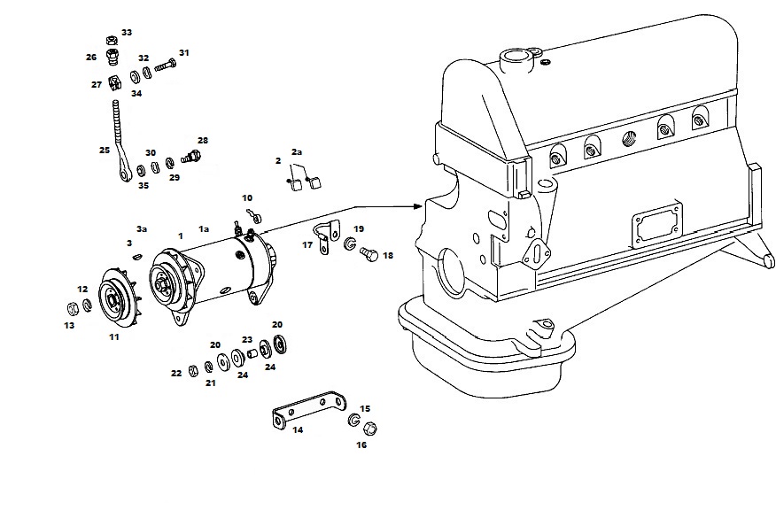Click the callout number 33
(x=127, y=33)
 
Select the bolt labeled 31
(x=166, y=66)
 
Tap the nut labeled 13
(x=73, y=309)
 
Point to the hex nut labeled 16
(x=369, y=429)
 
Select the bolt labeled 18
(x=369, y=255)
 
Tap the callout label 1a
(x=204, y=229)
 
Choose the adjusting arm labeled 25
(x=120, y=143)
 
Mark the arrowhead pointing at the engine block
(x=420, y=206)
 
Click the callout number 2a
(x=297, y=152)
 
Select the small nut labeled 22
(x=193, y=370)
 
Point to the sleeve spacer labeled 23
(x=252, y=353)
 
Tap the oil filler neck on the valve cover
(x=516, y=60)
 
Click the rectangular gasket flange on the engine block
(x=657, y=225)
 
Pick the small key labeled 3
(x=137, y=256)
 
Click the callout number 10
(x=247, y=197)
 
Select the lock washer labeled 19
(x=351, y=244)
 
